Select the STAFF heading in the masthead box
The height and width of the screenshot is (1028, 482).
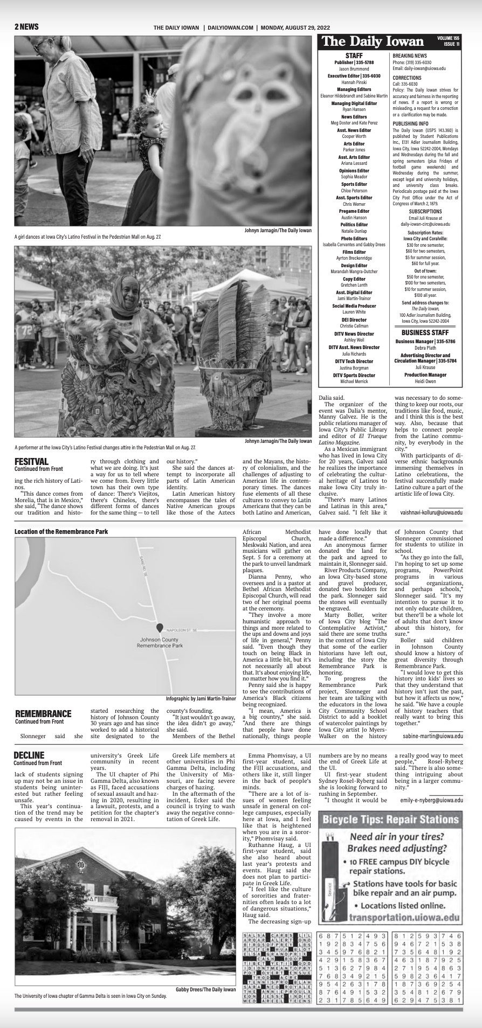tap(354, 55)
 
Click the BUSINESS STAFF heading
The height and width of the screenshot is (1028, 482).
tap(425, 332)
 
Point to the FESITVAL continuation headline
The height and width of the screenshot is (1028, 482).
tap(32, 461)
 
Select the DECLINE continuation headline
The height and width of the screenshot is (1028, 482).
tap(29, 755)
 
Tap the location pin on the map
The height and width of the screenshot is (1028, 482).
tap(160, 628)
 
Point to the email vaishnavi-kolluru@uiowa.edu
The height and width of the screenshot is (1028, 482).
tap(431, 512)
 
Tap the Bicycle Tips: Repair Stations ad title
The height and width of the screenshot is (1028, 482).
tap(390, 821)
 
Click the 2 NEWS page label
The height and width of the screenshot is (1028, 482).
tap(26, 27)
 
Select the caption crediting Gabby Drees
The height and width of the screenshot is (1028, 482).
tap(205, 989)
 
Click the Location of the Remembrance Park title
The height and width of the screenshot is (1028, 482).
tap(61, 531)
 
